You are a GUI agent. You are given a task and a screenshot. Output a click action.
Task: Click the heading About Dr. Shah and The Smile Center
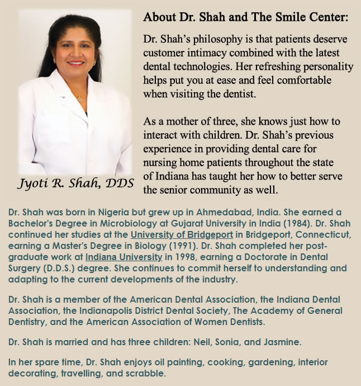click(x=246, y=16)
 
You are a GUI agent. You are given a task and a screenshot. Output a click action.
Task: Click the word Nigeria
click(x=97, y=212)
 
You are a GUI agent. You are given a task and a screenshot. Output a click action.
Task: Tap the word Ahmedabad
click(x=216, y=212)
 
